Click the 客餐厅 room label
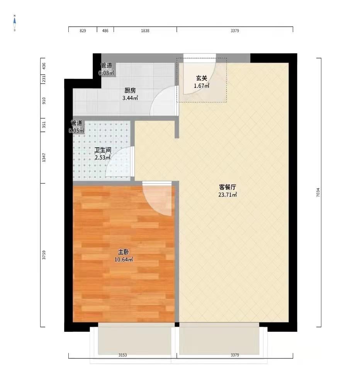click(x=228, y=187)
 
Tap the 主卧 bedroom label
click(x=124, y=252)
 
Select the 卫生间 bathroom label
click(x=103, y=150)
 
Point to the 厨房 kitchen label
click(x=130, y=90)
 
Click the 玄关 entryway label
click(x=202, y=78)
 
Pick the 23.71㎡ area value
click(x=228, y=194)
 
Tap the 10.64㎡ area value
click(x=124, y=259)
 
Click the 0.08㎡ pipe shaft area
click(x=106, y=73)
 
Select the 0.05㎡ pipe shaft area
click(x=76, y=131)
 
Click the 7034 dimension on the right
click(x=318, y=192)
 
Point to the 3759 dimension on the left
click(x=44, y=255)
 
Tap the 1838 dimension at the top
click(x=145, y=31)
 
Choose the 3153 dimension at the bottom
click(x=123, y=355)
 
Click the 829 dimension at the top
click(x=83, y=31)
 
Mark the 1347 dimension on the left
click(x=44, y=158)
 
